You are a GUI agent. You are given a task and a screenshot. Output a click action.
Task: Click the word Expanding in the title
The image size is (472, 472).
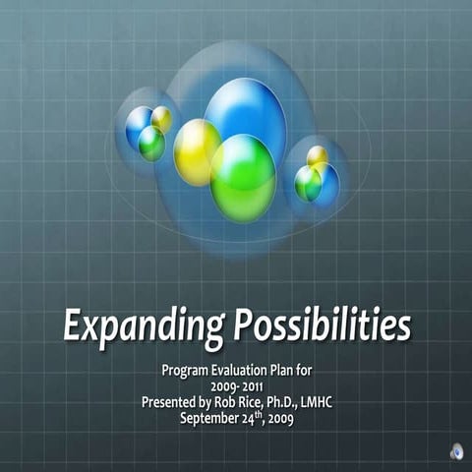click(x=143, y=325)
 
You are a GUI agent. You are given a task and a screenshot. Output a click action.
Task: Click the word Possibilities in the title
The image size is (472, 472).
click(x=320, y=324)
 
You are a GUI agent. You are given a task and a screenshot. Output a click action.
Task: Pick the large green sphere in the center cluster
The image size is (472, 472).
click(x=243, y=178)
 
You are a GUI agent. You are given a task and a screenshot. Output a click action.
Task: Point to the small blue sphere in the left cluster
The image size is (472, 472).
click(x=138, y=125)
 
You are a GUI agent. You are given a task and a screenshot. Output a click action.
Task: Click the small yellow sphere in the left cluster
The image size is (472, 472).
click(x=161, y=119)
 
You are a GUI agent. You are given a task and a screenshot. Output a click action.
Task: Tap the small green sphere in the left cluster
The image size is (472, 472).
click(x=151, y=144)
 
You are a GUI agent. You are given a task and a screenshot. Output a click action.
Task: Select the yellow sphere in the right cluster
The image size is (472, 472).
click(x=317, y=157)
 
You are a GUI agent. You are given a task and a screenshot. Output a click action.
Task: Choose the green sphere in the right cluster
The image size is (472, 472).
click(x=308, y=183)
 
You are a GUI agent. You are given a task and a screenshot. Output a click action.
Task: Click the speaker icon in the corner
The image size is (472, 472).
click(x=456, y=451)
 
